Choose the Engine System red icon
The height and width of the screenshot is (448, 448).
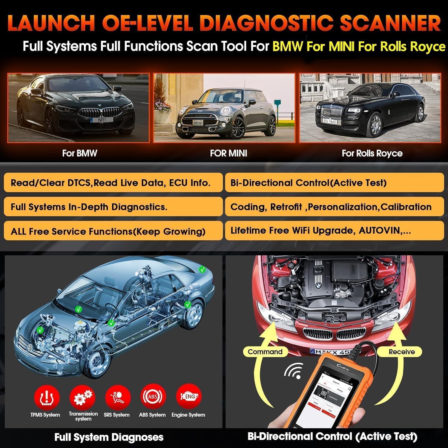[x=189, y=396]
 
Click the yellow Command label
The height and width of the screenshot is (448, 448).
[x=265, y=352]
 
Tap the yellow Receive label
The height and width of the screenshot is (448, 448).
[x=401, y=352]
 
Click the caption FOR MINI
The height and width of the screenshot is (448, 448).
[x=228, y=153]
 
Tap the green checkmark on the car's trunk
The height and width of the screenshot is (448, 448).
[x=203, y=269]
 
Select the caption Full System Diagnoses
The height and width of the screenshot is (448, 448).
[x=109, y=437]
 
